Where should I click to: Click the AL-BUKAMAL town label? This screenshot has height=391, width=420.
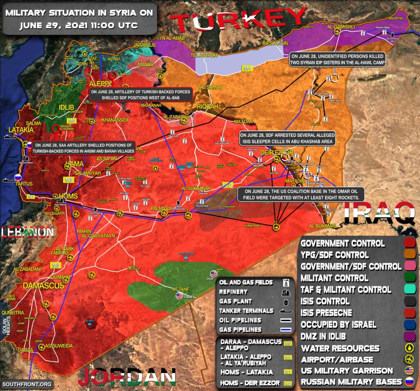click(x=323, y=226)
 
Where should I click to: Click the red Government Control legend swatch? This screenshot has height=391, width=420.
click(x=409, y=244)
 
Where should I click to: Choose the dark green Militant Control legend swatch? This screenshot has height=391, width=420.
click(x=409, y=278)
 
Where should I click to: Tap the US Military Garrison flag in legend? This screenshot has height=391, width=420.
click(x=409, y=371)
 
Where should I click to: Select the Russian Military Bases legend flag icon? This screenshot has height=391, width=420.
click(x=409, y=382)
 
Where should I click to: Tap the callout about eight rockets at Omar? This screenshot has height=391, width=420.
click(x=301, y=194)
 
